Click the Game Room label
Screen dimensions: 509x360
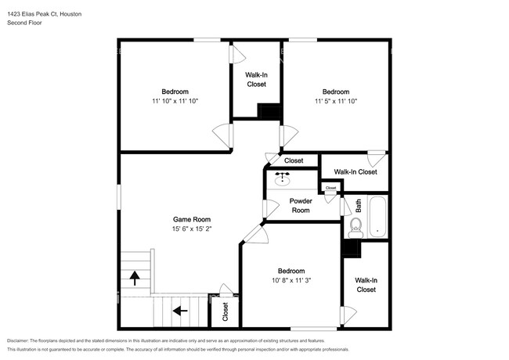click(x=192, y=219)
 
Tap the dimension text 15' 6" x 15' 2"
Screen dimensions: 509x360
click(x=192, y=229)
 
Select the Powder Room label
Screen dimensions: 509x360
click(x=301, y=206)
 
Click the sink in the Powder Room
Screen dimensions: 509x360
click(x=282, y=179)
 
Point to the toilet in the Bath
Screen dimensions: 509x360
click(x=356, y=228)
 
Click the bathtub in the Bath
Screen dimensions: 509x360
click(x=377, y=217)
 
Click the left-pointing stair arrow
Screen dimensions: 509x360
click(x=180, y=311)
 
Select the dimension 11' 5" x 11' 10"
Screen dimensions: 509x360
click(x=336, y=101)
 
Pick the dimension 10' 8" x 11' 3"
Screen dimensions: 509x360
click(x=291, y=280)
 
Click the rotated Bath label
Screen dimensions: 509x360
click(x=358, y=206)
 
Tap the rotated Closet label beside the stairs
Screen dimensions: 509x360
click(x=226, y=311)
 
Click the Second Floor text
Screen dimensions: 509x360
click(x=24, y=23)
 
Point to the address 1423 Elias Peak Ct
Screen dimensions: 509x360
click(x=32, y=14)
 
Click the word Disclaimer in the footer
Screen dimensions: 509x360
click(x=17, y=340)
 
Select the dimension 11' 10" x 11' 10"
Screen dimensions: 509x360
click(x=175, y=101)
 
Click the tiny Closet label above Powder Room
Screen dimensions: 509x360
click(x=330, y=188)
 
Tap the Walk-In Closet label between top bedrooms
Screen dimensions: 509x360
click(x=256, y=80)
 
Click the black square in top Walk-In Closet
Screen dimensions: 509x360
click(x=269, y=111)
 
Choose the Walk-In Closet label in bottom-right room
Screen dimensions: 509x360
click(x=366, y=285)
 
